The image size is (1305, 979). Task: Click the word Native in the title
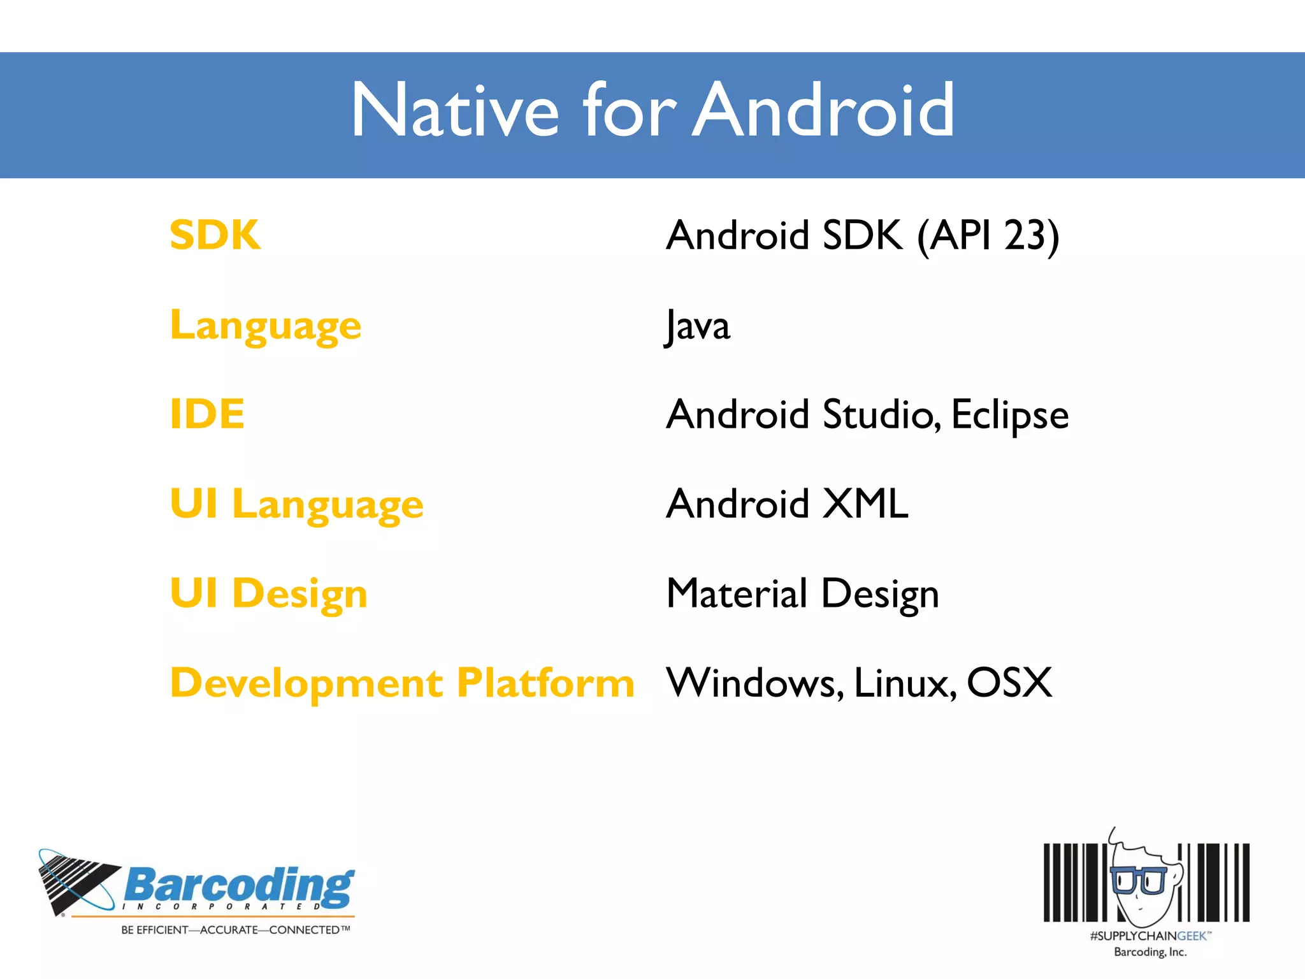pos(455,111)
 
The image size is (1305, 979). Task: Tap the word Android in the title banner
pos(824,111)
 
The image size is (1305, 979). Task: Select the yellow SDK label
pos(215,235)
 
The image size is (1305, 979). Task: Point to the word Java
pos(698,326)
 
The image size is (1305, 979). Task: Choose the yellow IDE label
pos(207,414)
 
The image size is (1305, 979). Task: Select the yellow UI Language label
pos(296,505)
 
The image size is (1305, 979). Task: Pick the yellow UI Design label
pos(268,594)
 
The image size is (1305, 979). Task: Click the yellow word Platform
pos(545,683)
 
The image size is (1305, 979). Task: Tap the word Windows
pos(754,683)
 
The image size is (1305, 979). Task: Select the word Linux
pos(904,683)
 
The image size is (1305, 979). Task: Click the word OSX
pos(1009,683)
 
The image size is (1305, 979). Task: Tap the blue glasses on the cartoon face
pos(1138,880)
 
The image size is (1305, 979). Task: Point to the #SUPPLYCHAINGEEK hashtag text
pos(1149,936)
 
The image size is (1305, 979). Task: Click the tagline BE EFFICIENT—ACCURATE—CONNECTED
pos(235,930)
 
